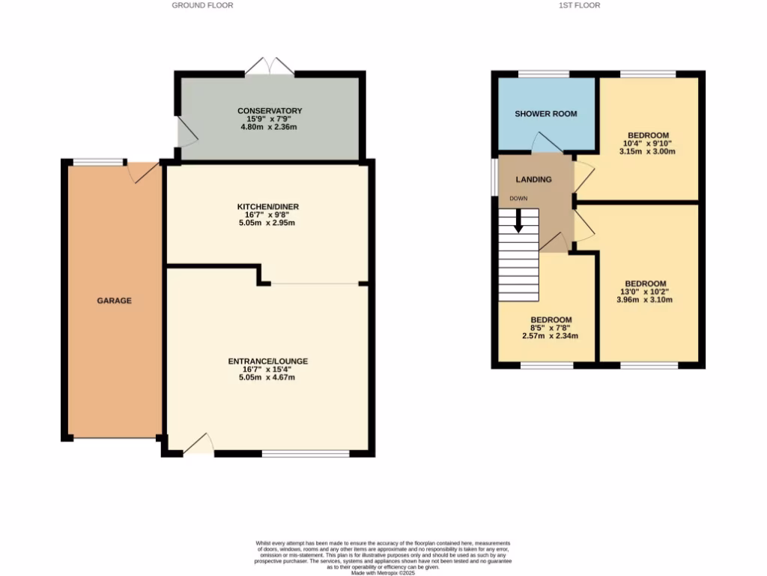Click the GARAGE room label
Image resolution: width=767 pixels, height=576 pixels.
(114, 301)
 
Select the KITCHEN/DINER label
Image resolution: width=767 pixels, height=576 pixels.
(267, 206)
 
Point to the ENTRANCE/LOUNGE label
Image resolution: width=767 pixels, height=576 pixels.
(267, 361)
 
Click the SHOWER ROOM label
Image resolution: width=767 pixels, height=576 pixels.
(545, 114)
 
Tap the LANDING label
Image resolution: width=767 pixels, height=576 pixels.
(533, 179)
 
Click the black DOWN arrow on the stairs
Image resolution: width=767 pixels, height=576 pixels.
(518, 220)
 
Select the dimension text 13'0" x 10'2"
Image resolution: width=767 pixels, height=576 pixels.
(645, 292)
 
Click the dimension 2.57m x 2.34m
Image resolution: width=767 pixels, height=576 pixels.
(550, 335)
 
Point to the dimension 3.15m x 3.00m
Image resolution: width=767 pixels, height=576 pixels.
(648, 151)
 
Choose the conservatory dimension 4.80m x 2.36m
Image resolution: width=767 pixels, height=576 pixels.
(270, 127)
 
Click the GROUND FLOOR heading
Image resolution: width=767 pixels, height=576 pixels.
(202, 5)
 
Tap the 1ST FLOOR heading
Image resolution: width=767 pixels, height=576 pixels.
(579, 5)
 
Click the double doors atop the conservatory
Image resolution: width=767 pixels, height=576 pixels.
(270, 66)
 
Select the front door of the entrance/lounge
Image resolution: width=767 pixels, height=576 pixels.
(198, 445)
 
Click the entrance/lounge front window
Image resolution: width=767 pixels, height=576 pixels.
(306, 453)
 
